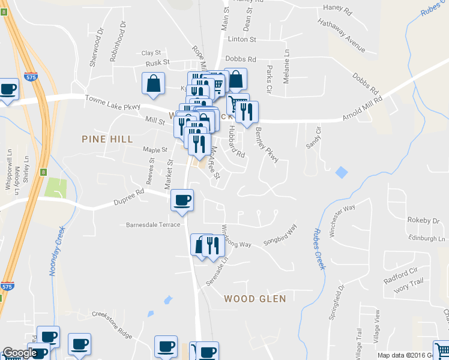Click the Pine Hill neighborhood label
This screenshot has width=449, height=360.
tap(106, 139)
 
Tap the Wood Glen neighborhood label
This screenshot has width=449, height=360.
tap(255, 298)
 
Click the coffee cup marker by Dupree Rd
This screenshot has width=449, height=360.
tap(182, 200)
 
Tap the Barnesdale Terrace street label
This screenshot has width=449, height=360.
tap(153, 225)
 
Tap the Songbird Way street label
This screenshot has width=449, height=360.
tap(280, 236)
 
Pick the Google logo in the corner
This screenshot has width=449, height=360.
tap(19, 353)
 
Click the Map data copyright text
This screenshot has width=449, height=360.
tap(412, 355)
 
